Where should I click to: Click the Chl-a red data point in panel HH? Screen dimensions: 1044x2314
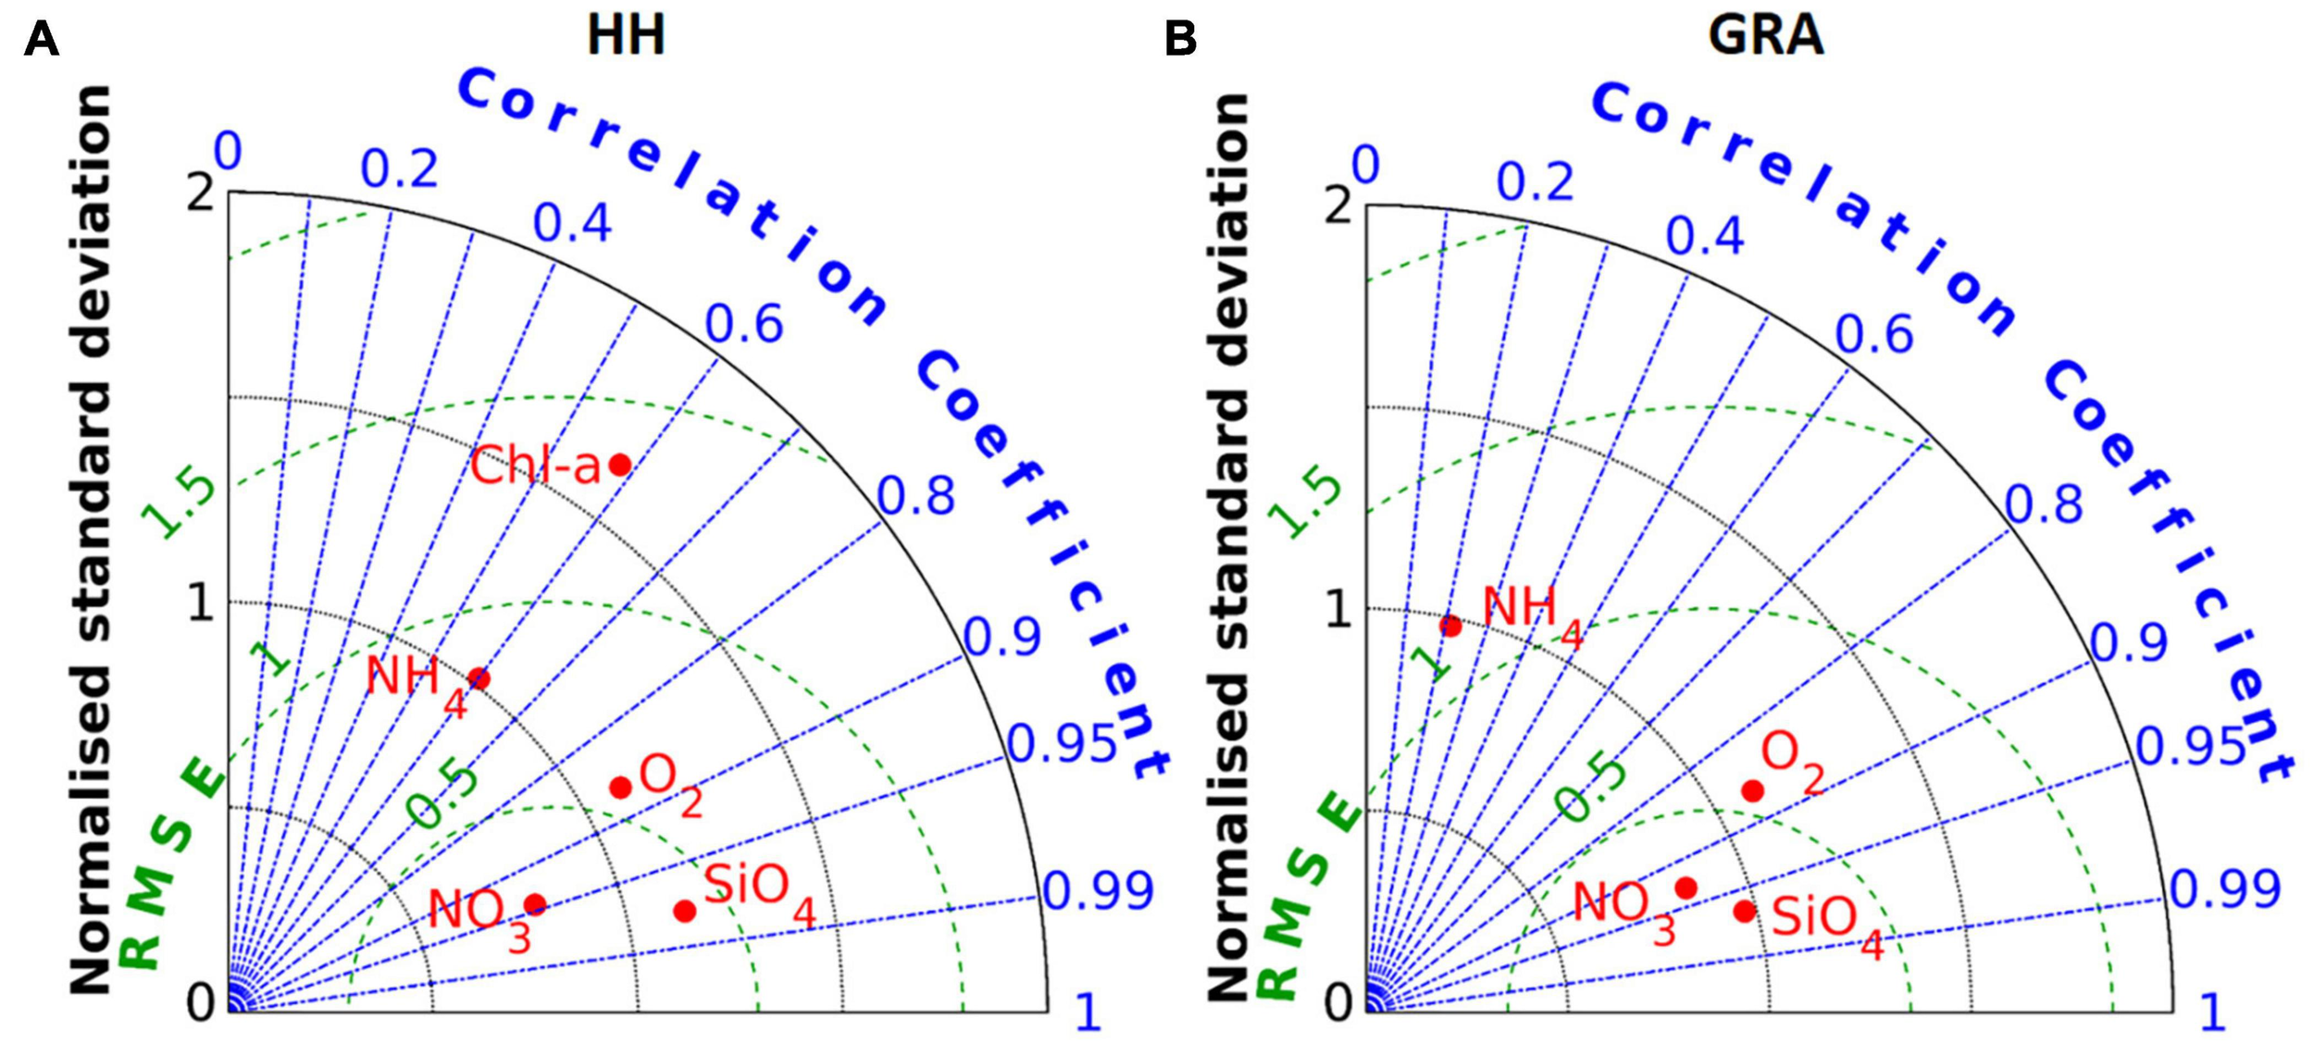click(620, 465)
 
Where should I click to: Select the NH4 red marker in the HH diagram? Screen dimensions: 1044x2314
click(479, 679)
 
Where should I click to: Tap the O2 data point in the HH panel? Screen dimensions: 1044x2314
click(620, 788)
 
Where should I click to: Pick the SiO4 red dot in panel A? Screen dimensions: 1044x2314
click(684, 912)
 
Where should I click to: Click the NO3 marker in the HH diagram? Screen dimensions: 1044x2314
click(534, 904)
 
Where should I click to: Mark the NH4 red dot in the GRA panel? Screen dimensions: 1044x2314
click(1450, 627)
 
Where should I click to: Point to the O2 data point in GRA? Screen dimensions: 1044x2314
click(1752, 790)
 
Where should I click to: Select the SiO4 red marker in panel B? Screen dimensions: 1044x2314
click(1745, 912)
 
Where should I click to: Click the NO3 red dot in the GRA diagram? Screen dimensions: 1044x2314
click(1686, 889)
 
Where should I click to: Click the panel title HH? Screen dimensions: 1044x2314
click(627, 37)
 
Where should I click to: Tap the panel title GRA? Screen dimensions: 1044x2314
click(1766, 37)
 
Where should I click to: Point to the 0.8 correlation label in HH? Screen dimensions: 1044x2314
click(915, 496)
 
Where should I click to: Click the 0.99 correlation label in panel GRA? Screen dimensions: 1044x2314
click(2225, 889)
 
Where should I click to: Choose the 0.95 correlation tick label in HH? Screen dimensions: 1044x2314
click(1062, 744)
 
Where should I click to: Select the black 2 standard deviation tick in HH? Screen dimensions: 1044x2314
click(200, 193)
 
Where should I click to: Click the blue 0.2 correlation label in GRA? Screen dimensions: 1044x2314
click(1535, 182)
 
